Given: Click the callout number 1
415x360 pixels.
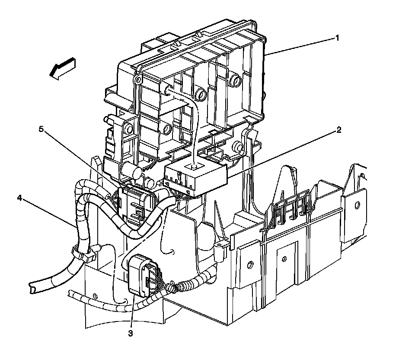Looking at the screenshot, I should [x=337, y=38].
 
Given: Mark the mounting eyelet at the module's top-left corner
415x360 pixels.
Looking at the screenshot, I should [x=137, y=80].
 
